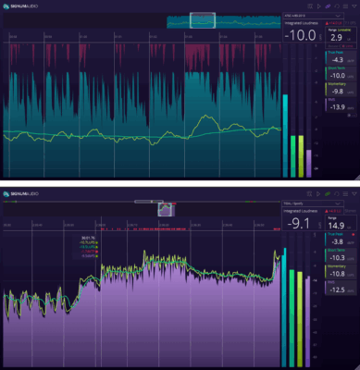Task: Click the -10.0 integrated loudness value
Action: tap(302, 36)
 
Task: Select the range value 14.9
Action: tap(338, 225)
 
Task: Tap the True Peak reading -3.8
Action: tap(338, 242)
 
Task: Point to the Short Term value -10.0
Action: tap(338, 76)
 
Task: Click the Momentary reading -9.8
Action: tap(338, 91)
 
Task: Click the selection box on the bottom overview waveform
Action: tap(167, 209)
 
